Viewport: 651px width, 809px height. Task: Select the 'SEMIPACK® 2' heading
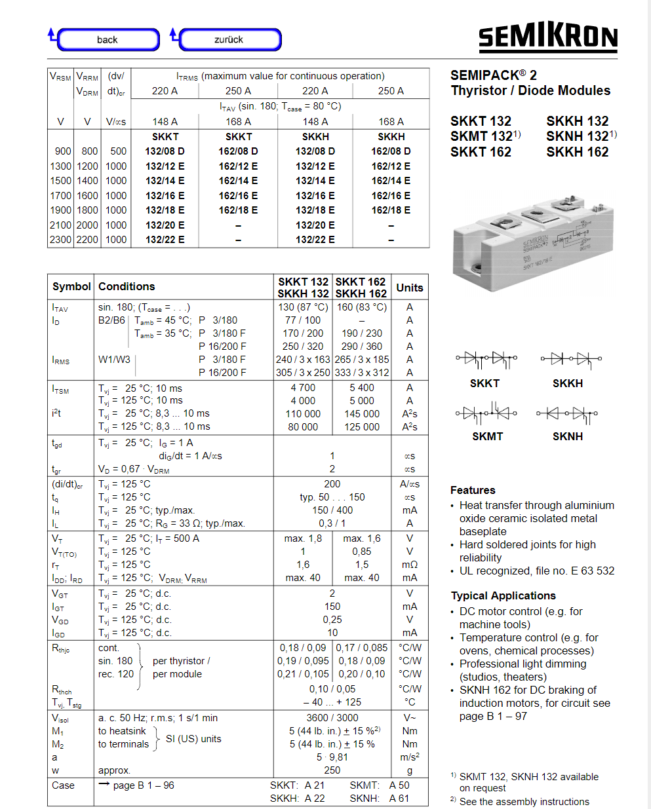click(494, 75)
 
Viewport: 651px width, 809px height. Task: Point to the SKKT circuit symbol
click(486, 359)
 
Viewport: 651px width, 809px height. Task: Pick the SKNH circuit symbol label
click(568, 436)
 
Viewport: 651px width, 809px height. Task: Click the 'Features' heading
click(473, 490)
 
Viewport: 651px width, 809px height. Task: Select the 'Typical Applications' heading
click(503, 595)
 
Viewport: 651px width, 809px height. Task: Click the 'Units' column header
click(410, 288)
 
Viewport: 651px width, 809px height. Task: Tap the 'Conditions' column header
click(127, 286)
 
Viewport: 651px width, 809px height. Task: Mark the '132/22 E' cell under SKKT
click(165, 240)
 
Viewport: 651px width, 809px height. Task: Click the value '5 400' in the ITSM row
click(362, 388)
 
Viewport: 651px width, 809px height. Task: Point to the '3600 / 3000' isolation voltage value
click(332, 718)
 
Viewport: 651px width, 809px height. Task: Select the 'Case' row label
click(64, 785)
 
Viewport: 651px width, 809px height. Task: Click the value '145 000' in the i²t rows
click(362, 414)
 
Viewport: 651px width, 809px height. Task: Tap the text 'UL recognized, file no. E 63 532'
click(537, 571)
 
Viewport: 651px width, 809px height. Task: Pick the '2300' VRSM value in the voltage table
click(61, 240)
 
